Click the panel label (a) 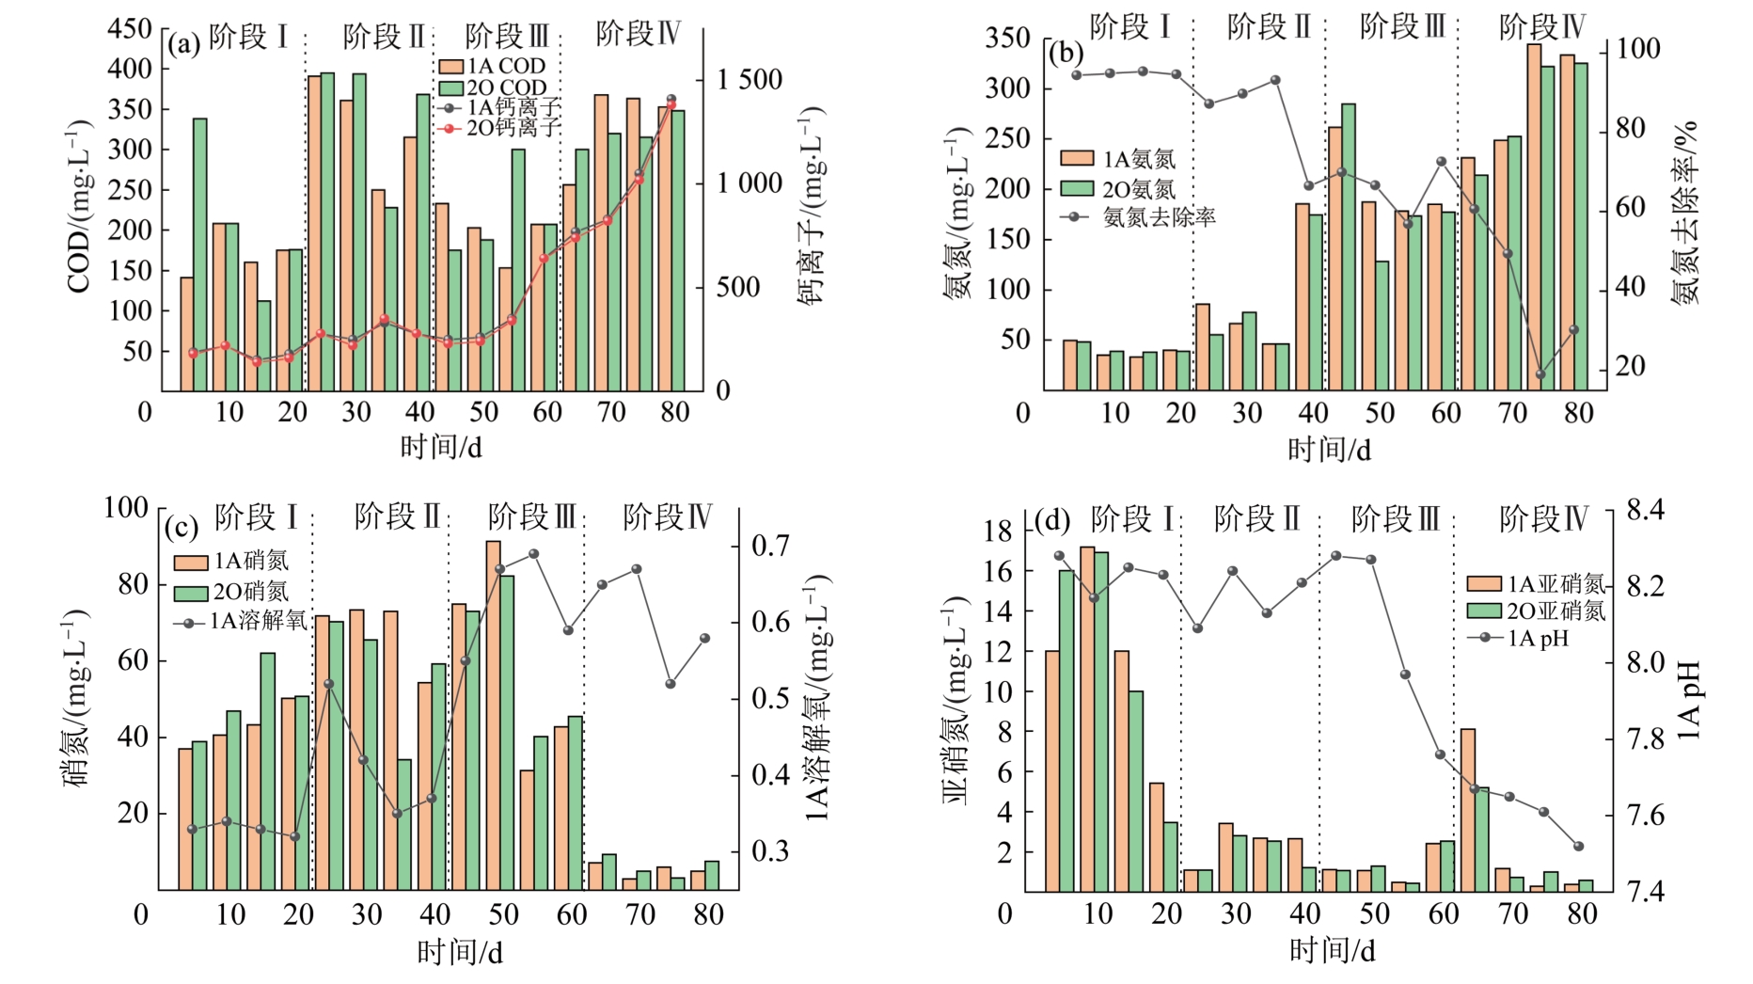coord(183,43)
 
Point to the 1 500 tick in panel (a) coord(749,80)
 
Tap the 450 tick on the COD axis coord(130,28)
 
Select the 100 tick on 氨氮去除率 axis coord(1637,49)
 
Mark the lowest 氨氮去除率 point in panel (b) coord(1540,374)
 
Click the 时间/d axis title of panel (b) coord(1329,450)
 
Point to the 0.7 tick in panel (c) coord(770,546)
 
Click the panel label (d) coord(1052,520)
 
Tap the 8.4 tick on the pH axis coord(1645,510)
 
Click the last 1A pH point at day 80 coord(1578,847)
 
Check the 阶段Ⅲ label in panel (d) coord(1395,519)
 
